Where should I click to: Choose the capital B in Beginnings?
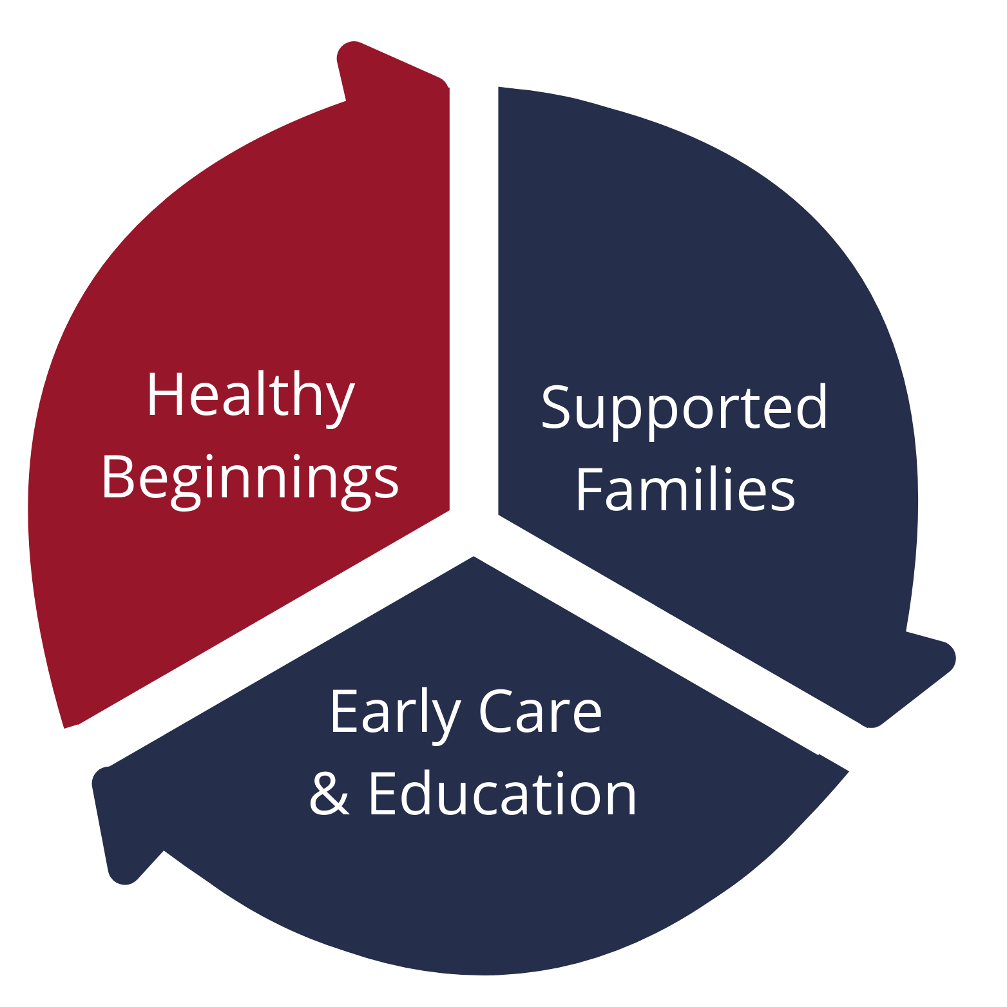point(118,476)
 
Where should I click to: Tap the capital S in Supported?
point(556,407)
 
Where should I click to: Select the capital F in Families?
point(590,489)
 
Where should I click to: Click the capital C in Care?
point(496,711)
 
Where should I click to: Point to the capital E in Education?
point(383,793)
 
